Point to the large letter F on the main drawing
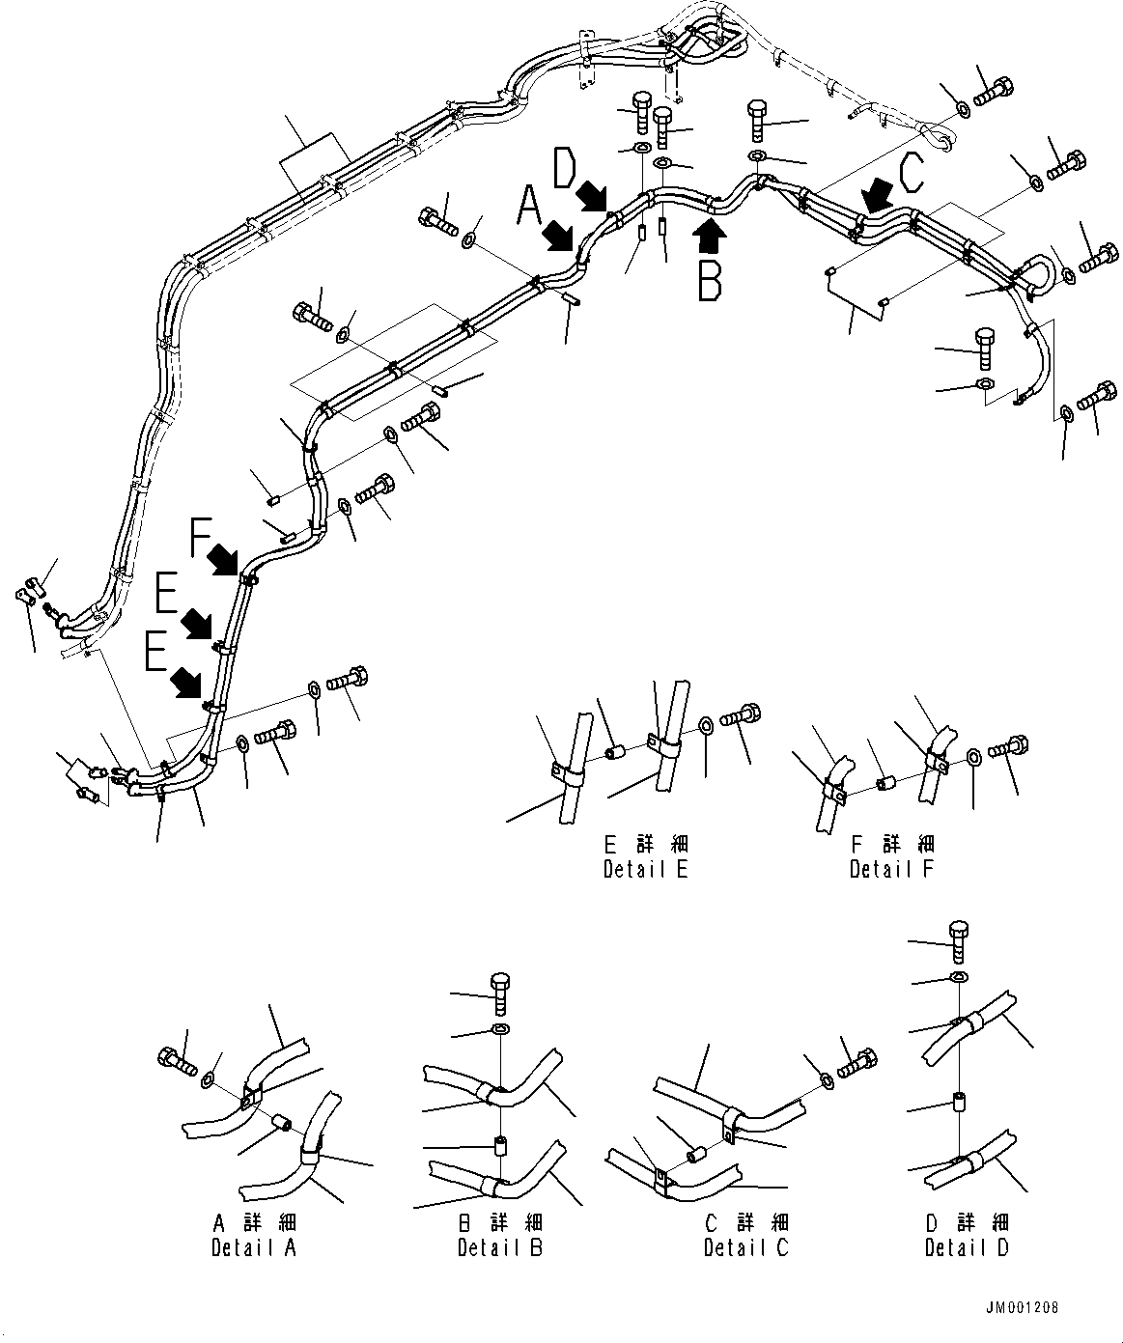pos(200,537)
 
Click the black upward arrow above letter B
pos(710,232)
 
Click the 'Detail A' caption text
pos(254,1247)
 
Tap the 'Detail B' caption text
pos(500,1247)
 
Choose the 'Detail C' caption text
pos(745,1247)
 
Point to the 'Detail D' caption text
pos(967,1247)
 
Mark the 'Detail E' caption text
pos(645,869)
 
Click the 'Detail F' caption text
pos(891,869)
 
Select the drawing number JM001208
pos(1023,1308)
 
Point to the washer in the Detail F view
pos(973,754)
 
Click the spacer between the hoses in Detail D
pos(957,1101)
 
